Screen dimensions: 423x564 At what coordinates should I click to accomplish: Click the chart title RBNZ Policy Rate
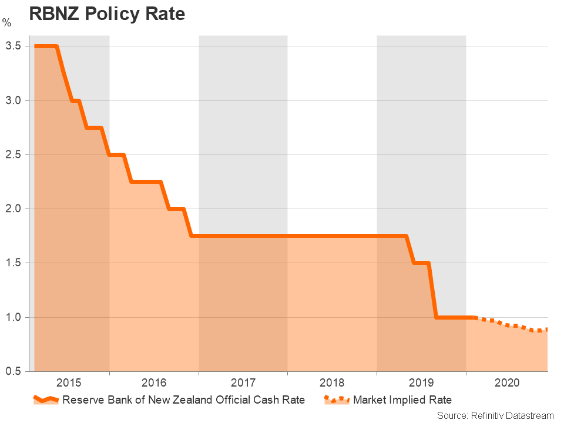(x=107, y=14)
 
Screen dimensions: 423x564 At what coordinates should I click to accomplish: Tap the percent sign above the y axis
(x=6, y=23)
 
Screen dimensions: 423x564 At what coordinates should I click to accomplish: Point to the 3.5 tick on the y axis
(x=14, y=46)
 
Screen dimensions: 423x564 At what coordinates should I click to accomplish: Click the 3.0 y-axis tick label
(x=14, y=100)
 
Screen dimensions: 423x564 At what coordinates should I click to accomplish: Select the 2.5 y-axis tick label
(x=14, y=155)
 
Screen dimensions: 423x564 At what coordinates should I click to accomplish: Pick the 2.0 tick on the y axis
(x=14, y=209)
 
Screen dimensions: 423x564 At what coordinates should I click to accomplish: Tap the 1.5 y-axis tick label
(x=14, y=263)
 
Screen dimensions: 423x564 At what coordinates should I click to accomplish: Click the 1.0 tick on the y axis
(x=14, y=317)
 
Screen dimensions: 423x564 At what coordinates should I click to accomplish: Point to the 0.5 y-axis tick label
(x=14, y=371)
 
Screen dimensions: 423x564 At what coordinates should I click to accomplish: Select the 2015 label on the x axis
(x=69, y=383)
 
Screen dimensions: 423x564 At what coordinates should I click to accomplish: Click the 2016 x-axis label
(x=155, y=383)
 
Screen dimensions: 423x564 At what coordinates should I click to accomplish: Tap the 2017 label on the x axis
(x=243, y=383)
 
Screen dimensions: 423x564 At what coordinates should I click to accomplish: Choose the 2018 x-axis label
(x=332, y=383)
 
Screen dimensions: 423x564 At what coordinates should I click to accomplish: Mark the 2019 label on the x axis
(x=421, y=383)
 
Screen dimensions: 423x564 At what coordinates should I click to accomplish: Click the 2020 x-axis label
(x=507, y=383)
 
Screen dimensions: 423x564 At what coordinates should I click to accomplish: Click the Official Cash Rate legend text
(x=183, y=400)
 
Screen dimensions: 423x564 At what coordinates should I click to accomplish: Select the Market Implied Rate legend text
(x=402, y=400)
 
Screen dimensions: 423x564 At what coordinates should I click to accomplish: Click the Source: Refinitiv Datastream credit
(x=495, y=415)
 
